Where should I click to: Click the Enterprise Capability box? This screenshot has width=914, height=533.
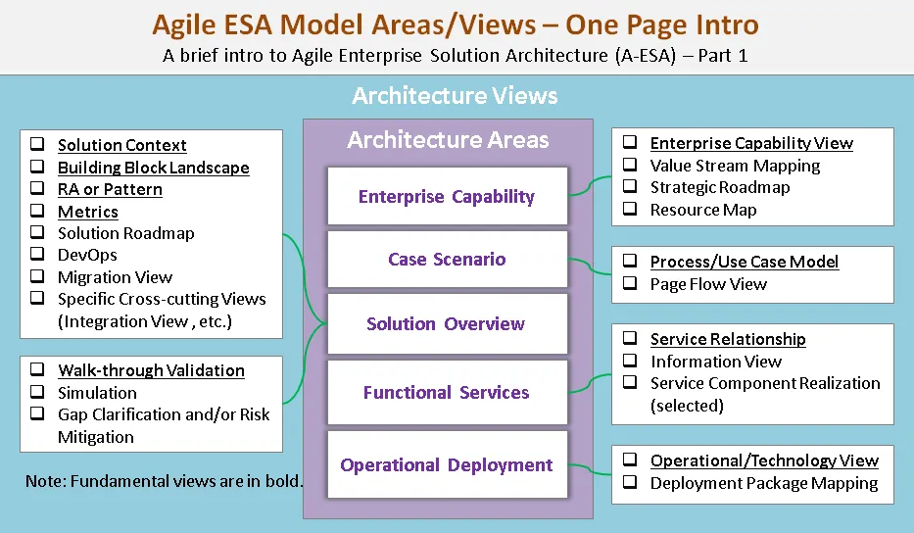447,197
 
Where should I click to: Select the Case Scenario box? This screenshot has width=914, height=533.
447,260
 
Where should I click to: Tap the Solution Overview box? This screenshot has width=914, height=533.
447,324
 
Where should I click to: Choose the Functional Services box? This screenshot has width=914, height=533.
447,393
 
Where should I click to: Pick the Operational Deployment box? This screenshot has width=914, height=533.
447,465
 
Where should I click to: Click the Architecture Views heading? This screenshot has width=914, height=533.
455,96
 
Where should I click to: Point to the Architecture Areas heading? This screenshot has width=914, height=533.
448,140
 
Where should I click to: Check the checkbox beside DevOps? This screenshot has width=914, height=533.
37,256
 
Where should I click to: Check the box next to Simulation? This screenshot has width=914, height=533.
37,393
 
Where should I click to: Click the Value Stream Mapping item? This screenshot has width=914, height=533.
735,166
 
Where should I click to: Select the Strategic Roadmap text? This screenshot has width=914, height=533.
719,187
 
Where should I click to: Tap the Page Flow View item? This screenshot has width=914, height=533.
708,284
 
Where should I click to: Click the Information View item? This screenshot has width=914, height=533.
715,362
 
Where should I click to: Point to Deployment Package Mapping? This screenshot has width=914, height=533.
764,483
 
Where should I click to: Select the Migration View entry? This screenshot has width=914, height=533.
115,277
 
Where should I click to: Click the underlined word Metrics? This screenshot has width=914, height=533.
87,212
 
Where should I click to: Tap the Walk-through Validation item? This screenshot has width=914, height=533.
151,370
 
